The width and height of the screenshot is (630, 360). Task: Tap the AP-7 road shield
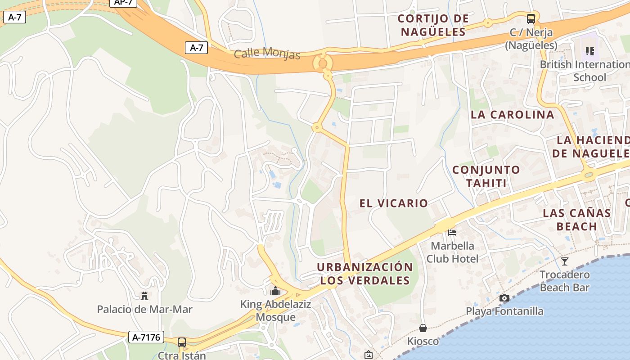[123, 2]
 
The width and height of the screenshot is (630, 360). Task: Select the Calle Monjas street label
[267, 53]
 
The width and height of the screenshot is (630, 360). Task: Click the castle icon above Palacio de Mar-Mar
[144, 296]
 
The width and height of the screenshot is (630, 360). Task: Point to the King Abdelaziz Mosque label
[275, 310]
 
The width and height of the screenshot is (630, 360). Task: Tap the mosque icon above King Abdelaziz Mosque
[275, 291]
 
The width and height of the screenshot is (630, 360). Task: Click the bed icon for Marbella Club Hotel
[452, 232]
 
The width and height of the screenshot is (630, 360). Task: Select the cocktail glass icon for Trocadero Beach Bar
[565, 261]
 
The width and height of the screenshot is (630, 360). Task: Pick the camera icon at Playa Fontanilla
[504, 298]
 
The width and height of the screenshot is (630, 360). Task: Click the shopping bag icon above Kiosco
[423, 328]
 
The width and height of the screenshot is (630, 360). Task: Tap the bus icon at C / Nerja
[531, 19]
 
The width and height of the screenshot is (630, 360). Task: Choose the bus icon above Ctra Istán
[182, 342]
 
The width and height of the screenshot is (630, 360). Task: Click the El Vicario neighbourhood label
[393, 203]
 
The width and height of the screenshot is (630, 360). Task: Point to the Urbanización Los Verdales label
[364, 274]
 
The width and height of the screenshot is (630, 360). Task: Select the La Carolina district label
[512, 115]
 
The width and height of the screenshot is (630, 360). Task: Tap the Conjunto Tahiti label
[486, 176]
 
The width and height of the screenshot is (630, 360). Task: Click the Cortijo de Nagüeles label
[433, 25]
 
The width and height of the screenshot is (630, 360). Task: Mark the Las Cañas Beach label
[576, 219]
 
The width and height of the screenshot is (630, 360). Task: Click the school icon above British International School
[589, 51]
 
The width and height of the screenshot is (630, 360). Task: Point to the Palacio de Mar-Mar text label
[144, 310]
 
